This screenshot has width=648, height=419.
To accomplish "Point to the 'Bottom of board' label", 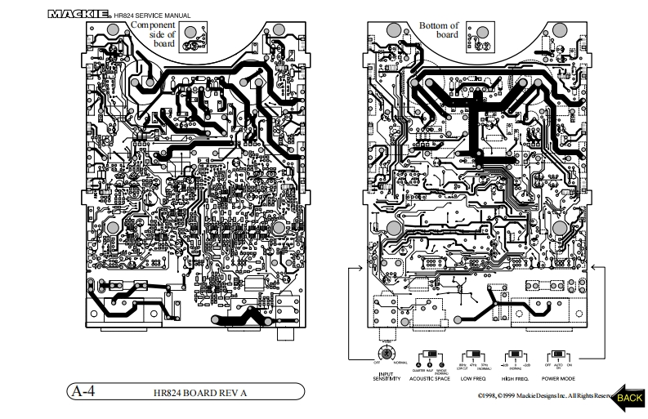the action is tap(439, 31).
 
